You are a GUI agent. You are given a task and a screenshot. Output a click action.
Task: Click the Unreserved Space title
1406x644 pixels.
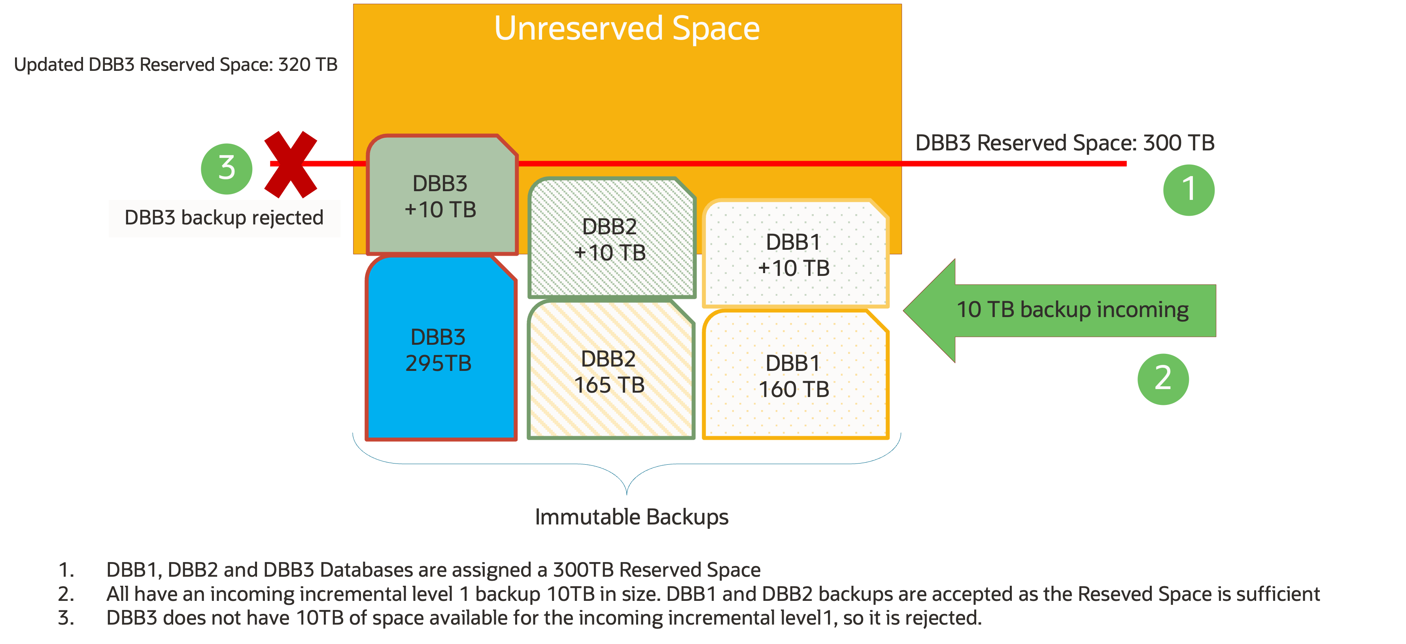coord(627,28)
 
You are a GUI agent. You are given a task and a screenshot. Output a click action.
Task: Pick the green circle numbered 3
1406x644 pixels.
coord(227,168)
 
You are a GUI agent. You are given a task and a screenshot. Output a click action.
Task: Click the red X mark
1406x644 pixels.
coord(290,164)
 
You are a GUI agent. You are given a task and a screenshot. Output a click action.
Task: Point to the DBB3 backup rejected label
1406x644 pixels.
coord(224,218)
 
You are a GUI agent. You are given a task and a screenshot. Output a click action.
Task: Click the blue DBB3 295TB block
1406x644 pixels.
coord(440,350)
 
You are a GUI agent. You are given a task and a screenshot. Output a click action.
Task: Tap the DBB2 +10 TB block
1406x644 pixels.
coord(610,239)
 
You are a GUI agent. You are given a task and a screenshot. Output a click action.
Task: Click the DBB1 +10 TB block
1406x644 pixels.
coord(794,255)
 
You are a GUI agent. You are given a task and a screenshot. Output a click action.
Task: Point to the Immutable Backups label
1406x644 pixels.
coord(631,517)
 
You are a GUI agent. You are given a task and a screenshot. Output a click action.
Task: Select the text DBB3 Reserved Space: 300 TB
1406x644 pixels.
coord(1064,143)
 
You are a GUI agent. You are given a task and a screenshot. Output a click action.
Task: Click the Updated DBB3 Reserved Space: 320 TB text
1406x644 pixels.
coord(176,65)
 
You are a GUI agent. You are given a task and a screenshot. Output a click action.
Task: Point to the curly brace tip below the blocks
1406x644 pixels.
coord(627,493)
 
